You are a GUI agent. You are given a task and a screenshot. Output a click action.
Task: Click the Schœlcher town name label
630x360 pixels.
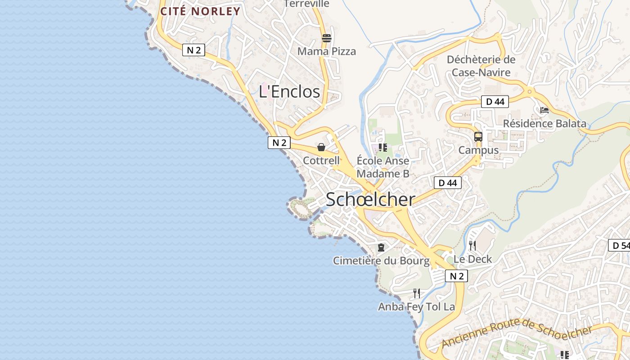click(370, 199)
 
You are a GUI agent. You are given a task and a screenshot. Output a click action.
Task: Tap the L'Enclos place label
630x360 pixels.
click(289, 91)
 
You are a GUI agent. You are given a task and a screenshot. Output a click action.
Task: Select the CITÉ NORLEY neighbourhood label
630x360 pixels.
click(200, 11)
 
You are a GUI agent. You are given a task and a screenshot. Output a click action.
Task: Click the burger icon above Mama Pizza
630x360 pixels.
click(326, 38)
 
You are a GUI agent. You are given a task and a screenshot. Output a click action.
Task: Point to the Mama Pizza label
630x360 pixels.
click(326, 51)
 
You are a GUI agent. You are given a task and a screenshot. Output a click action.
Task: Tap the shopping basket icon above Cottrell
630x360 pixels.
click(321, 147)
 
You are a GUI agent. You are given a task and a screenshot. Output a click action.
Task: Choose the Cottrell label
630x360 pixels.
click(321, 161)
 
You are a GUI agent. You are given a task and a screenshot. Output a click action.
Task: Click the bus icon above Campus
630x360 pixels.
click(478, 136)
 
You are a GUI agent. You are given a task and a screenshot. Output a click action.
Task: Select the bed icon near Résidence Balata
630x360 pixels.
click(544, 110)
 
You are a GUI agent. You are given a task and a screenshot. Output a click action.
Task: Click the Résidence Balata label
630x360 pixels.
click(544, 123)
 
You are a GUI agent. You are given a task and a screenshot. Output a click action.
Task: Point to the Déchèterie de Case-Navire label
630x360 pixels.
click(481, 66)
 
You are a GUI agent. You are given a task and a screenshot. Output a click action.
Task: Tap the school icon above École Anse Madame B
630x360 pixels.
click(383, 147)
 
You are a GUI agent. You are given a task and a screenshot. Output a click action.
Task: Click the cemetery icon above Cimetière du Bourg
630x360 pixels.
click(381, 247)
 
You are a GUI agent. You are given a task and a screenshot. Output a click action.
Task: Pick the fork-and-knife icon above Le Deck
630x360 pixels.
click(472, 245)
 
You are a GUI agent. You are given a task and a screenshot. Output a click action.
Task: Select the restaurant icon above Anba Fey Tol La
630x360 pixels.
click(417, 293)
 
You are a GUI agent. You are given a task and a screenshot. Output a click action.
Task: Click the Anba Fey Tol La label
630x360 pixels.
click(417, 307)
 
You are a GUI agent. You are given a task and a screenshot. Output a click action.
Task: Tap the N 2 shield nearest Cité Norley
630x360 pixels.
click(193, 50)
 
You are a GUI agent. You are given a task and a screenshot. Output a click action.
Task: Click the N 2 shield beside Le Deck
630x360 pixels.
click(456, 276)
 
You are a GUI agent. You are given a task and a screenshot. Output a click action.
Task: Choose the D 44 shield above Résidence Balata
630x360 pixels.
click(495, 102)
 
